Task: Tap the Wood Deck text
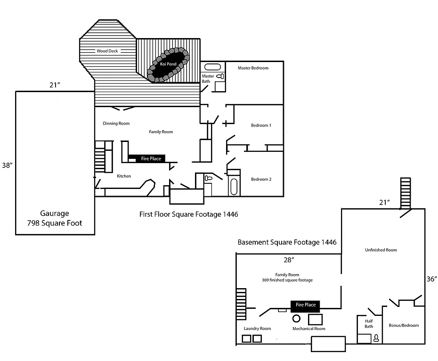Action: point(107,51)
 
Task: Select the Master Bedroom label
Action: point(253,68)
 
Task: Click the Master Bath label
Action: point(208,78)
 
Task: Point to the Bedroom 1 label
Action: point(261,126)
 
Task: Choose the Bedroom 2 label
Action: point(261,179)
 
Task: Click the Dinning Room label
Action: point(116,124)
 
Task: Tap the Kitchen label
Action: point(124,176)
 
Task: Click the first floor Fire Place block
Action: point(151,159)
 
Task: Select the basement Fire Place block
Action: point(305,305)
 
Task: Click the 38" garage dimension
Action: point(7,165)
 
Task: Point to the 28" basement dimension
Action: point(288,259)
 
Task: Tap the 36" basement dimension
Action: point(431,279)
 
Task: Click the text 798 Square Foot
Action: point(55,223)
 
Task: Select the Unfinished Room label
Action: point(381,250)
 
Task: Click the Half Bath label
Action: point(369,324)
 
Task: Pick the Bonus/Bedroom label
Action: point(404,325)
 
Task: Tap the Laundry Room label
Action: point(257,329)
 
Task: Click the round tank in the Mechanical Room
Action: point(297,318)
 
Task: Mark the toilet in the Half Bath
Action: point(376,337)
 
